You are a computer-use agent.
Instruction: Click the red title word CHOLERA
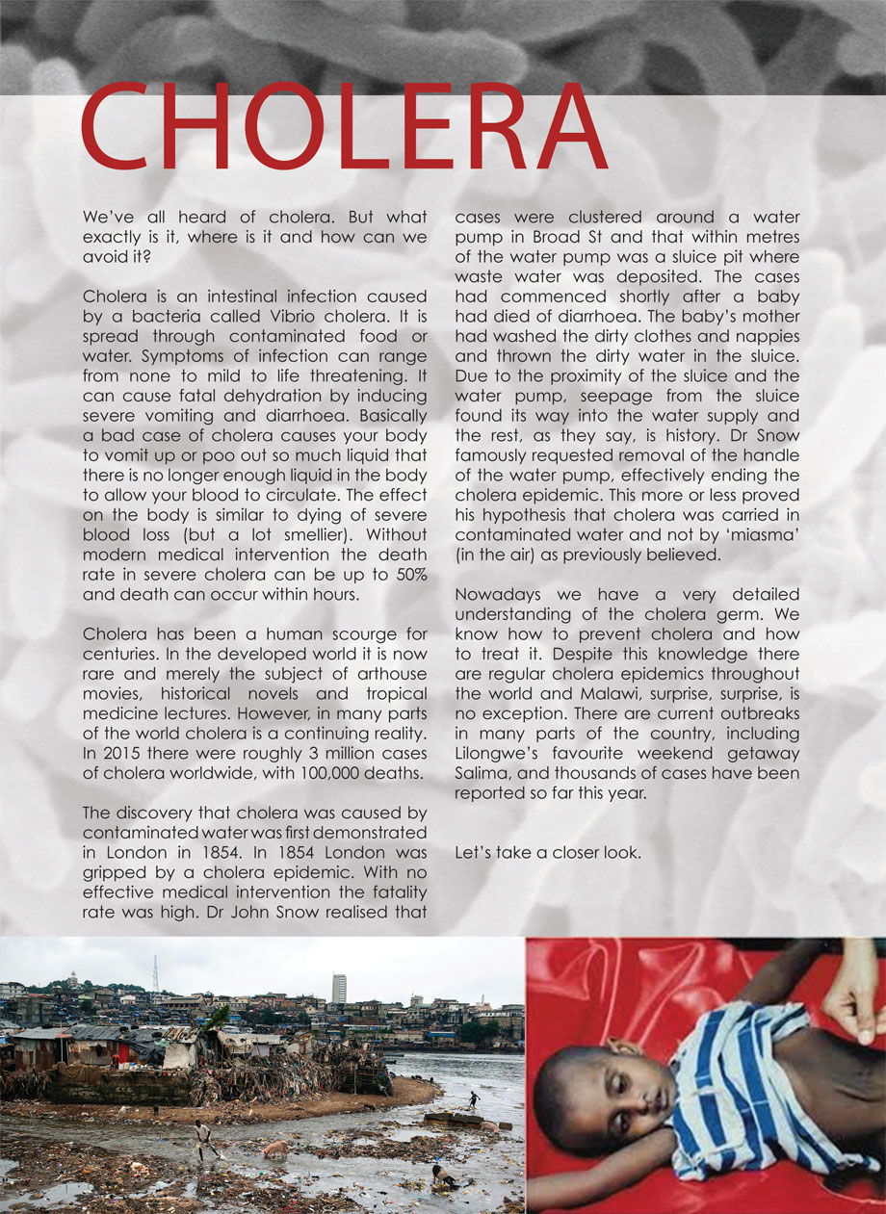point(344,127)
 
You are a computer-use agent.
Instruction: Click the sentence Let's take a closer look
point(547,853)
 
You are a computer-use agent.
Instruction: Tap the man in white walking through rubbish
point(202,1140)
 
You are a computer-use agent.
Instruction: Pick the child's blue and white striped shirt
point(741,1087)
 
